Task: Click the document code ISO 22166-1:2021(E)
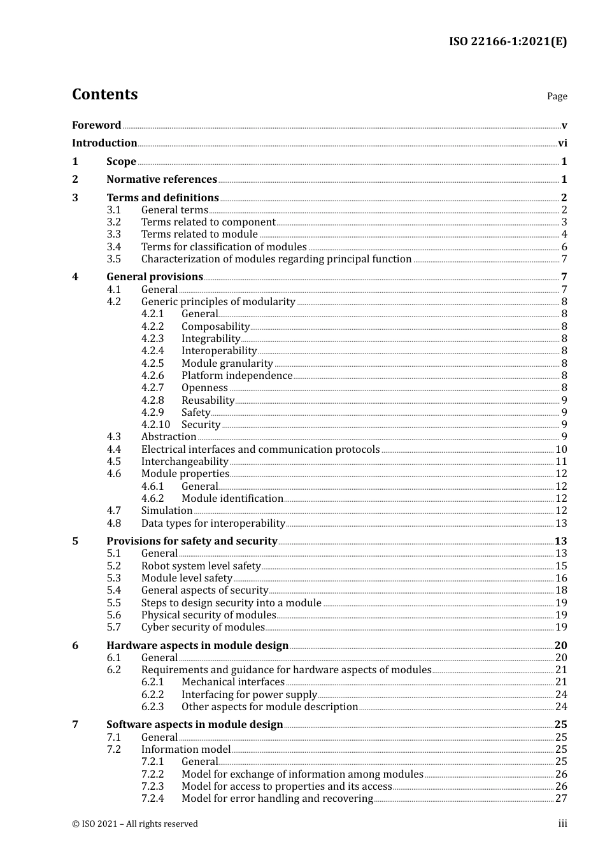508,41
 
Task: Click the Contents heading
104,94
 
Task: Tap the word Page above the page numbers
557,96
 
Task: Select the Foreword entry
96,125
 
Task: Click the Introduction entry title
104,143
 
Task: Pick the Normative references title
162,180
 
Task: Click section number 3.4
113,247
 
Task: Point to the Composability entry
215,327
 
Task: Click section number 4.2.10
155,425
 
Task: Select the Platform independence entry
237,376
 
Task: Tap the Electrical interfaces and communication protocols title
260,450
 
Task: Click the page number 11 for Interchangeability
561,462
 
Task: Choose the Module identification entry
232,499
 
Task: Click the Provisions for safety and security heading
192,541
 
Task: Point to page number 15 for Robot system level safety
561,566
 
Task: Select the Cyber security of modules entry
203,627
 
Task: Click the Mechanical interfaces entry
233,682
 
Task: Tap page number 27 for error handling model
561,799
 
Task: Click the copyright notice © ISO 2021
135,824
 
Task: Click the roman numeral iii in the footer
562,824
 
